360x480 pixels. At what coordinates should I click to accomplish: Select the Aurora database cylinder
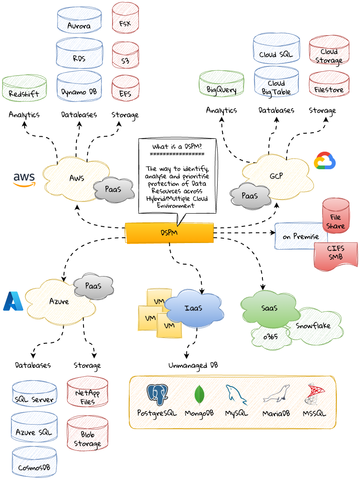point(79,21)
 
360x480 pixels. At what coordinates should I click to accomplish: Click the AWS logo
point(24,179)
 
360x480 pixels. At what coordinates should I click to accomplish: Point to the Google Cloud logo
point(325,161)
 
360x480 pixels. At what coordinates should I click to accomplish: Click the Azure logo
point(13,301)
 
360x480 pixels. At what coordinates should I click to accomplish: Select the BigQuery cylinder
point(222,85)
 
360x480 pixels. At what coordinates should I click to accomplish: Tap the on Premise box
point(301,236)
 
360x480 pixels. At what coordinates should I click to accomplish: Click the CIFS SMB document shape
point(336,255)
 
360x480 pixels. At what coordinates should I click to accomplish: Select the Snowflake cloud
point(313,326)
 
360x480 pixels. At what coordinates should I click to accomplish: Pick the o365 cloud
point(270,337)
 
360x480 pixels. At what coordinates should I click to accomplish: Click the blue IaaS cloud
point(193,309)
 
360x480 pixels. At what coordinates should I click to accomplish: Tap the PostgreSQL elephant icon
point(157,394)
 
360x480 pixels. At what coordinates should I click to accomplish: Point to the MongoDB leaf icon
point(200,394)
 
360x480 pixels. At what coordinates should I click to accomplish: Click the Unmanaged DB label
point(193,365)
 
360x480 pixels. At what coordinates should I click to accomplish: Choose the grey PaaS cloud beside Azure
point(93,286)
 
